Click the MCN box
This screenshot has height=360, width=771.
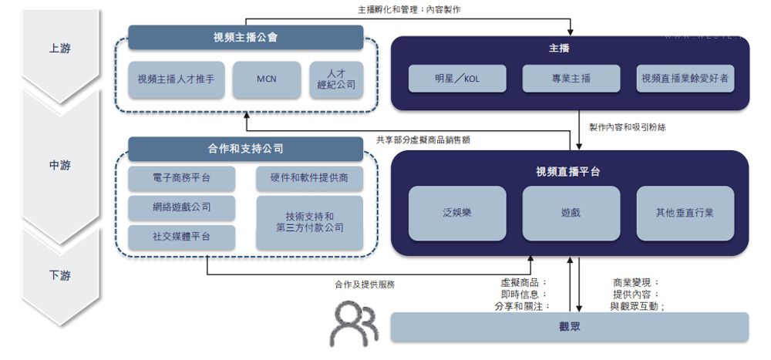tap(267, 79)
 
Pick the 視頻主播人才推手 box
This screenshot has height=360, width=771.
tap(177, 79)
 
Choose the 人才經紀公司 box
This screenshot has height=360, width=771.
tap(336, 79)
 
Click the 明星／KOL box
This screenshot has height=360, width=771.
tap(457, 79)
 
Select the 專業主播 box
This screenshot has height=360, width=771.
tap(571, 79)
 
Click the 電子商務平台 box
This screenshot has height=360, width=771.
tap(181, 178)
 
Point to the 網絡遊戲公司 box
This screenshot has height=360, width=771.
tap(181, 207)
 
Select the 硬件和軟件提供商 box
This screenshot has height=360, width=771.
tap(309, 178)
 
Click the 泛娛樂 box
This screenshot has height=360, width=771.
tap(457, 212)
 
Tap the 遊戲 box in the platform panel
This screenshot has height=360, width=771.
tap(571, 212)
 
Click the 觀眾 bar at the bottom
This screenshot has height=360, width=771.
tap(570, 327)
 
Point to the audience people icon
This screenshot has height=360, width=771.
tap(354, 324)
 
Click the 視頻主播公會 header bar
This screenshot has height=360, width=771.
tap(245, 37)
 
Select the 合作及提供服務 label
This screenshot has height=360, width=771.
tap(364, 284)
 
